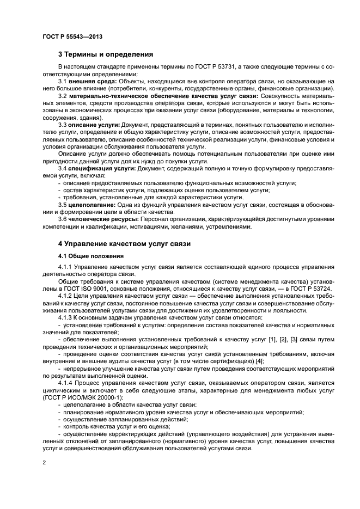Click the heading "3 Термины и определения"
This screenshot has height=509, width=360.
(106, 54)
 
